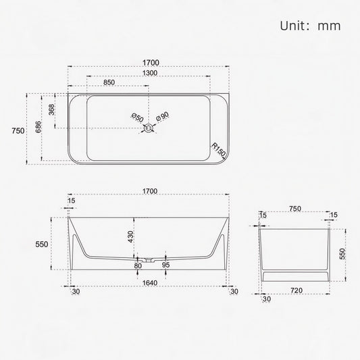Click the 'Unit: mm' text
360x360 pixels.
310,26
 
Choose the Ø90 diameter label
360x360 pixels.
163,118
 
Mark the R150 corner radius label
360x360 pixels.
217,150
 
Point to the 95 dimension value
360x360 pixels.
165,265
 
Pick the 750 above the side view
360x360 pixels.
294,209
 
